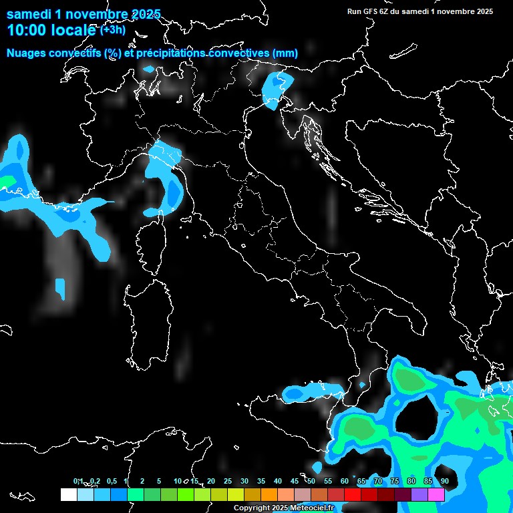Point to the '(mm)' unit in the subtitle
coord(285,53)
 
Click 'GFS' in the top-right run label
coord(371,11)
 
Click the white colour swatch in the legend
coord(68,495)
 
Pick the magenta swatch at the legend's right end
coord(436,495)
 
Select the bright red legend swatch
coord(353,495)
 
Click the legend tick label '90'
coord(444,481)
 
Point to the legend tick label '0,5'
coord(112,481)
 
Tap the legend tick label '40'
coord(277,481)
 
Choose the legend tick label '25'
coord(227,481)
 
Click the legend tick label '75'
coord(394,481)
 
